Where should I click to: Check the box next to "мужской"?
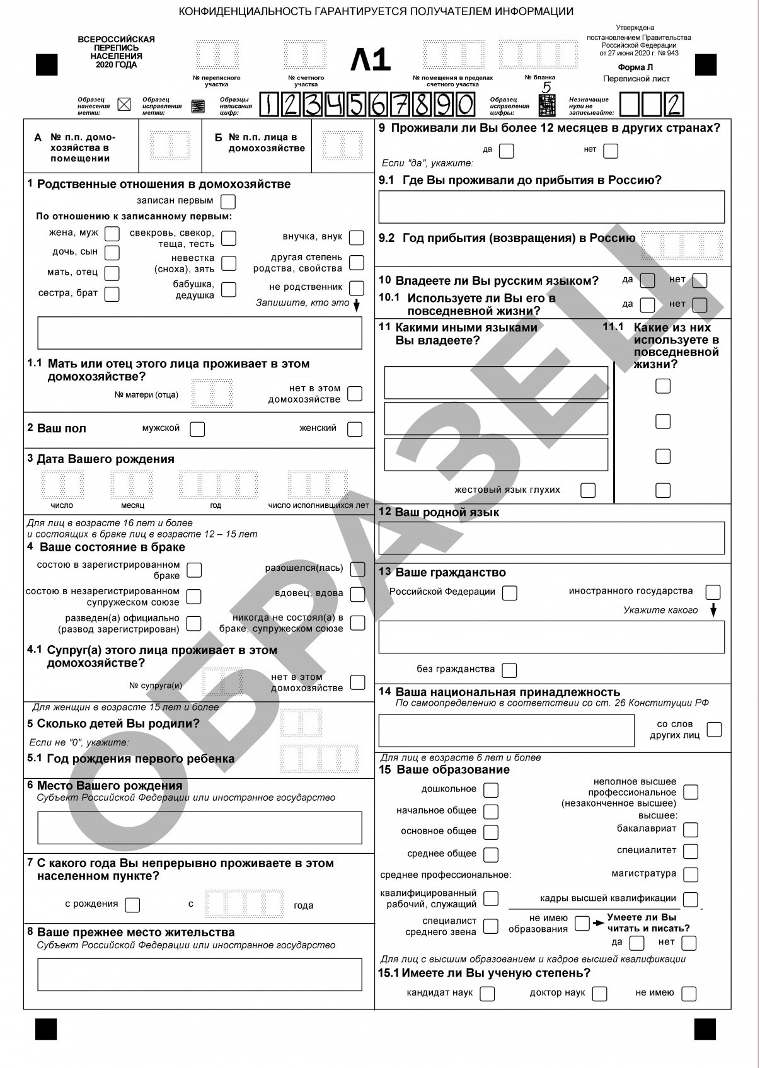pyautogui.click(x=197, y=429)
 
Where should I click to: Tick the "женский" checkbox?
pyautogui.click(x=355, y=429)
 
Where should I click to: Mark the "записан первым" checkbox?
pyautogui.click(x=228, y=202)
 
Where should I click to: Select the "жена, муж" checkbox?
pyautogui.click(x=112, y=234)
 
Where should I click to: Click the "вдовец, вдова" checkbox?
pyautogui.click(x=357, y=594)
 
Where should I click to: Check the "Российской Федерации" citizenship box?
pyautogui.click(x=509, y=593)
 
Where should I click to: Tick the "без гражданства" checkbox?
pyautogui.click(x=509, y=670)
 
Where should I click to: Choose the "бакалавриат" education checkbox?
pyautogui.click(x=691, y=830)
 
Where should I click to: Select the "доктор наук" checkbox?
pyautogui.click(x=599, y=994)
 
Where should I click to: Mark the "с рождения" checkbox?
pyautogui.click(x=132, y=905)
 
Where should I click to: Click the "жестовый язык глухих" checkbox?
pyautogui.click(x=587, y=490)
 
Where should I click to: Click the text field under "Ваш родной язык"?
pyautogui.click(x=551, y=538)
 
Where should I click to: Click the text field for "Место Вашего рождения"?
pyautogui.click(x=200, y=827)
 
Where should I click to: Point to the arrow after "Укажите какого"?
pyautogui.click(x=714, y=610)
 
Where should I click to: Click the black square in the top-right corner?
pyautogui.click(x=706, y=65)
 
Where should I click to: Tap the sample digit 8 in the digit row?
pyautogui.click(x=421, y=105)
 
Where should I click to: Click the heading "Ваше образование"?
pyautogui.click(x=452, y=769)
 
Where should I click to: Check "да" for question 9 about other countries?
pyautogui.click(x=506, y=151)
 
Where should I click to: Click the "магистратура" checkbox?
pyautogui.click(x=691, y=875)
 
